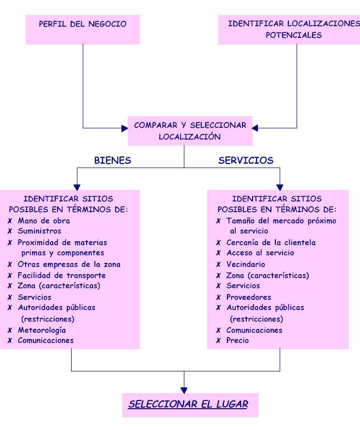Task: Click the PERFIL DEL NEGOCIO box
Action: point(83,30)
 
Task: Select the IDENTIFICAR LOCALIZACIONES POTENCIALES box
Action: point(289,30)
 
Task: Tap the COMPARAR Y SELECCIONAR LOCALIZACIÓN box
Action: point(190,131)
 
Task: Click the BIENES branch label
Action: point(113,160)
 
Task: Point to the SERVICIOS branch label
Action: point(246,160)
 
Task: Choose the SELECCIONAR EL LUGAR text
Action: point(188,404)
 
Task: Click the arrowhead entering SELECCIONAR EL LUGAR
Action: point(184,390)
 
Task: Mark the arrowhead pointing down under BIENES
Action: point(77,187)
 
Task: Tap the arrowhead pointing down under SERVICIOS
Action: point(280,187)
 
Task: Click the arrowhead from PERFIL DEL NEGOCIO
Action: point(125,128)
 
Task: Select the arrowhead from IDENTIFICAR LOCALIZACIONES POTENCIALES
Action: point(255,128)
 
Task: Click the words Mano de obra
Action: point(44,221)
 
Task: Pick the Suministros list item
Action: point(40,231)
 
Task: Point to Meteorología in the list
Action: point(42,330)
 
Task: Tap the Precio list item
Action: point(238,340)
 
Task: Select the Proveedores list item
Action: point(249,297)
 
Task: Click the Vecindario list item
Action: point(246,264)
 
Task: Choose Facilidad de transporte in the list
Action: point(61,276)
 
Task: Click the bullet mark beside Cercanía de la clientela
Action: point(218,243)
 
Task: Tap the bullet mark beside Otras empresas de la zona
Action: point(10,264)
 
